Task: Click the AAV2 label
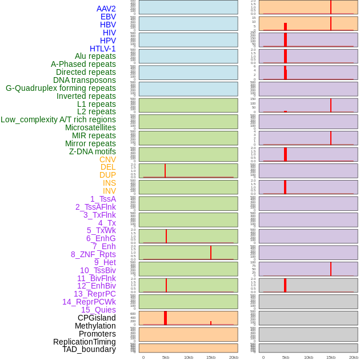(106, 9)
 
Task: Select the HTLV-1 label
(102, 49)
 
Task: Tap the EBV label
(108, 17)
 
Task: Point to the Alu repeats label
(95, 56)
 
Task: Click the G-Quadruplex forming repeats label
(61, 88)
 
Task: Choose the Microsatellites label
(90, 127)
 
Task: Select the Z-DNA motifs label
(93, 151)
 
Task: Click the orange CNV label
(107, 159)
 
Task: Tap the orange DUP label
(107, 175)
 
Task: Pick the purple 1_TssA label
(103, 199)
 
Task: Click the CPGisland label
(97, 318)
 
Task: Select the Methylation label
(95, 326)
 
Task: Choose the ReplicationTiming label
(85, 342)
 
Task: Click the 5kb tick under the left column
(166, 357)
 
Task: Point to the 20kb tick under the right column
(354, 357)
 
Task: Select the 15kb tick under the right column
(331, 357)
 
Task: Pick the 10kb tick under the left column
(189, 357)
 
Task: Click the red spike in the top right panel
(331, 7)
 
